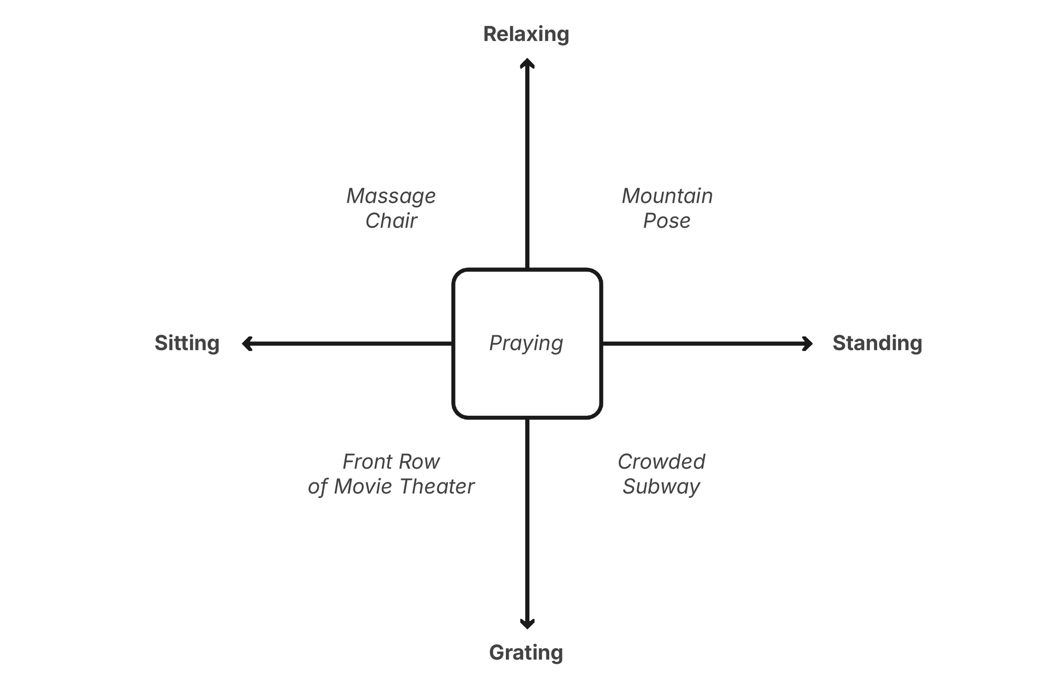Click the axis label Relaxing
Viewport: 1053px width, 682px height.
[x=526, y=34]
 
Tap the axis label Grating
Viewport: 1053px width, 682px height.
[x=526, y=652]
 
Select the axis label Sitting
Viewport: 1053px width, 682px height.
[x=187, y=343]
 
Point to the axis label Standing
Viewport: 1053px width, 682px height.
[x=877, y=343]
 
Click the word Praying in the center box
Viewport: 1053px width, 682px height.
[x=526, y=343]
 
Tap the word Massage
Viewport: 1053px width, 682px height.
[x=391, y=196]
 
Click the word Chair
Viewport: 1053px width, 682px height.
[x=391, y=220]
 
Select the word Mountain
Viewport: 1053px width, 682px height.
[x=667, y=196]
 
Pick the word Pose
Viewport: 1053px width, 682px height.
[x=667, y=220]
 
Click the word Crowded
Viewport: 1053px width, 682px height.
[x=661, y=462]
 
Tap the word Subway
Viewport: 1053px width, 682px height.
[x=661, y=486]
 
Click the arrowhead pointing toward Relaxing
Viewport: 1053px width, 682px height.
[x=527, y=63]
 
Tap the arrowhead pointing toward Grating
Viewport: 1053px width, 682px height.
[x=527, y=623]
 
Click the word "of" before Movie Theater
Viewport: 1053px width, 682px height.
[x=317, y=486]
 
